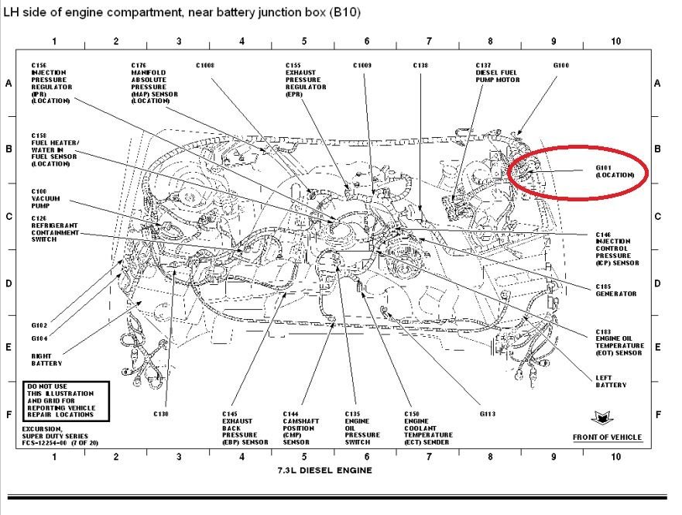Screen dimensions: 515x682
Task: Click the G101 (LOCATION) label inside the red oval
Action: point(615,172)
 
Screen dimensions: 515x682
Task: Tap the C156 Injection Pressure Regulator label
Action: point(51,83)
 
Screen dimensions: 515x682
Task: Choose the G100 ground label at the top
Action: point(561,66)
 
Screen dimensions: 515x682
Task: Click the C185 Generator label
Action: point(615,290)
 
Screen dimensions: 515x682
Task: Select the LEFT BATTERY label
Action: point(611,380)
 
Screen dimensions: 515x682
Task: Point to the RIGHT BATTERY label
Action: point(46,359)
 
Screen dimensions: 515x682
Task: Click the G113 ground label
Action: point(487,414)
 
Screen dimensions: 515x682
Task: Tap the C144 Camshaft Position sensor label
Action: point(298,427)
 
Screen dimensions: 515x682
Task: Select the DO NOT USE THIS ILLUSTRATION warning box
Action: point(64,400)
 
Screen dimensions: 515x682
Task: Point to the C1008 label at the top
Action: point(206,66)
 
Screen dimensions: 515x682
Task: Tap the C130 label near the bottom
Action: point(160,414)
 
